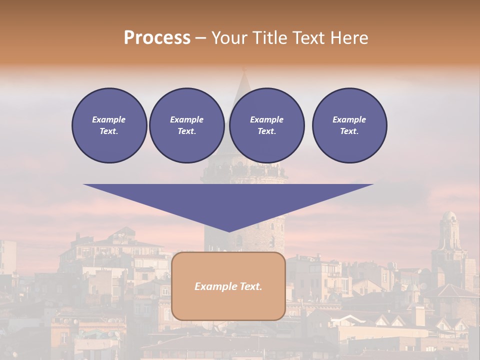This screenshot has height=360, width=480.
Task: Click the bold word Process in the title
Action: pos(157,38)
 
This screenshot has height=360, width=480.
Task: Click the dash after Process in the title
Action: pos(200,38)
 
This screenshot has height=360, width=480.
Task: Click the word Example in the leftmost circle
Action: pos(109,119)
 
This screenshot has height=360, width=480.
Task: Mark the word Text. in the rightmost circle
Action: pos(349,131)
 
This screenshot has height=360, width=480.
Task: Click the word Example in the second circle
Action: pos(186,119)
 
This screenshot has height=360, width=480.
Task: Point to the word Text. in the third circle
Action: pos(266,131)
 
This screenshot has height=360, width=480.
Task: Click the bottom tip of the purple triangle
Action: pos(228,230)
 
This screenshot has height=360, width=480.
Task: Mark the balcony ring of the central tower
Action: pos(244,173)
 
